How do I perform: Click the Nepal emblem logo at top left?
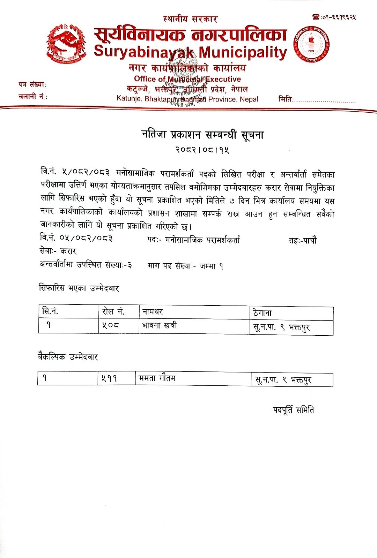click(66, 44)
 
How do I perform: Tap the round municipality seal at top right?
click(311, 44)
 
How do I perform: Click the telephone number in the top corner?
click(335, 17)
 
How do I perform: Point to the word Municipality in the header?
click(243, 52)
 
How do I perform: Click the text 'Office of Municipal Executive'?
click(187, 79)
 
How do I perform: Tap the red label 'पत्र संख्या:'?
click(32, 84)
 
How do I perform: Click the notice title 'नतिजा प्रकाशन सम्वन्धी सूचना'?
click(202, 135)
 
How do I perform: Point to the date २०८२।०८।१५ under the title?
click(202, 150)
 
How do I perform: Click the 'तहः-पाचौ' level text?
click(302, 240)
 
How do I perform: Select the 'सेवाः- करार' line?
click(58, 251)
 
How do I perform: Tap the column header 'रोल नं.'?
click(113, 311)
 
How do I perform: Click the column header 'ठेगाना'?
click(263, 313)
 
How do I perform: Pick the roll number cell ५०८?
click(110, 325)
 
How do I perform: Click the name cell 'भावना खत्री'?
click(160, 326)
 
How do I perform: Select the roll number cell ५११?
click(109, 378)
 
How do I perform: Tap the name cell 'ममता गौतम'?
click(157, 378)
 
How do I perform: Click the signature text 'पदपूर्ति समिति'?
click(293, 410)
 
